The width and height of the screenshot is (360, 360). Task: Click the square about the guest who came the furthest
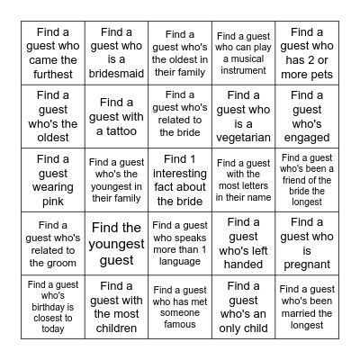[53, 53]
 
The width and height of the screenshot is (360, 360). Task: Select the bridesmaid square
[117, 53]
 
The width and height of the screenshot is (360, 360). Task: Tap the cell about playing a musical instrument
[243, 53]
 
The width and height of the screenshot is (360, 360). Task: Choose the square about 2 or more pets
[306, 53]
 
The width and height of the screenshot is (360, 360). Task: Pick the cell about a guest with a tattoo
[117, 117]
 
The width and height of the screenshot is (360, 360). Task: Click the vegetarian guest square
[243, 117]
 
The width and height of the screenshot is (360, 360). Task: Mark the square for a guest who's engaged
[306, 117]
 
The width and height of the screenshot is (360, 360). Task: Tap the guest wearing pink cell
[53, 180]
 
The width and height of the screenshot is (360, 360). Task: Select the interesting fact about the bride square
[180, 180]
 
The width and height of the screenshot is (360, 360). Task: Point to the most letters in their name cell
[243, 180]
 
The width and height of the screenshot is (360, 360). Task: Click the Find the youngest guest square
[117, 243]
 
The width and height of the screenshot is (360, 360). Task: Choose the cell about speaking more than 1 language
[180, 243]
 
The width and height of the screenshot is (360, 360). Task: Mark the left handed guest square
[243, 243]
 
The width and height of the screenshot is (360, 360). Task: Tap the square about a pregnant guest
[306, 243]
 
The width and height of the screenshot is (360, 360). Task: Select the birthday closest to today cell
[53, 307]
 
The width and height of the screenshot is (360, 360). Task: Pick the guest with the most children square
[117, 307]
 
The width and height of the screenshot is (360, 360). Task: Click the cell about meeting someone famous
[180, 307]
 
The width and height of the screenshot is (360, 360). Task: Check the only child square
[243, 307]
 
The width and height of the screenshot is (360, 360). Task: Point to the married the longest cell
[306, 307]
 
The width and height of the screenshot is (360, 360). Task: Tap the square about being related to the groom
[53, 243]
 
